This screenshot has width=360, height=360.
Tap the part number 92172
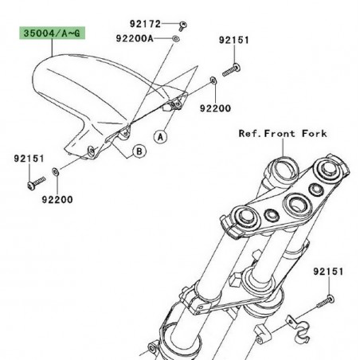(x=147, y=24)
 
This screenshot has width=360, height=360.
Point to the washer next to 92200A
(x=176, y=37)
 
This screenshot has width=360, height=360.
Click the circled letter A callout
(x=160, y=137)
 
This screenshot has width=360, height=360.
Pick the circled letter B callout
(x=138, y=150)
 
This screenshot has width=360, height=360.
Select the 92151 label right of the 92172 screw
(x=234, y=38)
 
